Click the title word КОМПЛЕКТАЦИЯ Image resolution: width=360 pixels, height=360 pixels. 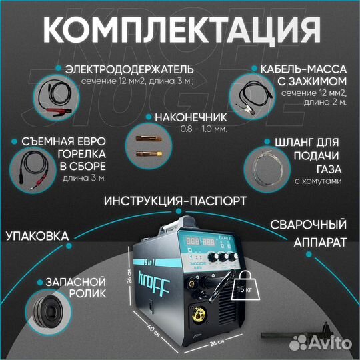pos(179,31)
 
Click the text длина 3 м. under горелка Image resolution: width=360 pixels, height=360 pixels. pos(83,179)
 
